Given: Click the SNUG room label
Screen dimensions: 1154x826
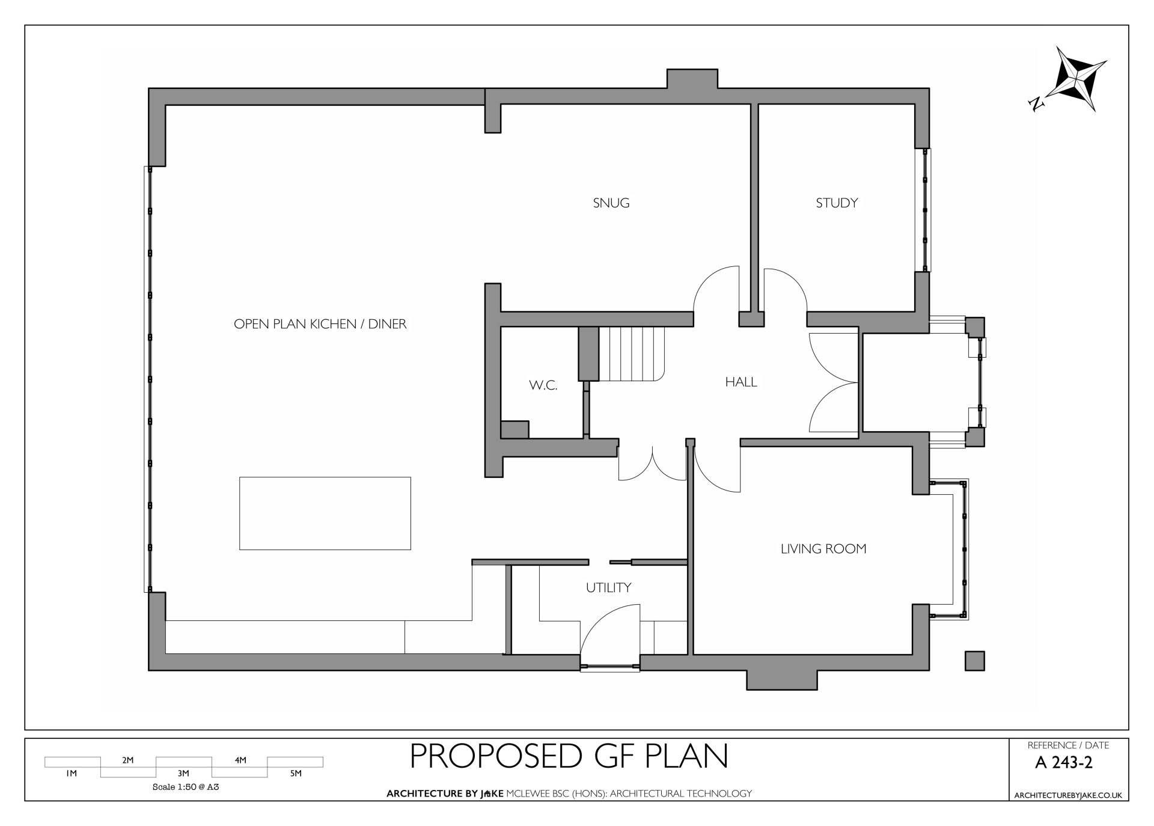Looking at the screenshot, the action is [x=611, y=203].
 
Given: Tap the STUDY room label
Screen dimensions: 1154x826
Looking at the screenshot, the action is [x=837, y=203].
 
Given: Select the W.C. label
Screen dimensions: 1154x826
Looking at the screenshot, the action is [x=543, y=386].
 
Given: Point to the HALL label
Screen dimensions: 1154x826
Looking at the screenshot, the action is [x=741, y=382].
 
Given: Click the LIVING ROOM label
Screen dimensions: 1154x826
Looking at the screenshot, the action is [x=823, y=549].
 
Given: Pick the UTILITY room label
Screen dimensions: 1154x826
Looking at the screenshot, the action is [x=608, y=587].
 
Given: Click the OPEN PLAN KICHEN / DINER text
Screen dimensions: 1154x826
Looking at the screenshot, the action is [x=320, y=324].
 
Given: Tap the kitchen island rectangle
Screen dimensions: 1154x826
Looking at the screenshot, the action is [x=325, y=513].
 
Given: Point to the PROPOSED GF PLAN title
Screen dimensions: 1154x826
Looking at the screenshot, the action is [x=569, y=756].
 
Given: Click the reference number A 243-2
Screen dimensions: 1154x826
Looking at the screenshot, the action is [x=1064, y=763].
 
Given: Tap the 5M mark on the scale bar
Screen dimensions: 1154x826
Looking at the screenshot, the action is [x=296, y=774].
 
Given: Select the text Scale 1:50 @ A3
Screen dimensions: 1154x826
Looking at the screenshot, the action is [x=185, y=786].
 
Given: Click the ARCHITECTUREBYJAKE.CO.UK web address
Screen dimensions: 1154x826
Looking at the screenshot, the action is [x=1068, y=795].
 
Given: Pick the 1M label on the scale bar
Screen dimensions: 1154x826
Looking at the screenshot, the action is [x=72, y=774].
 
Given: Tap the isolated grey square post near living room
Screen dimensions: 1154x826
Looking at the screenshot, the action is [x=975, y=661].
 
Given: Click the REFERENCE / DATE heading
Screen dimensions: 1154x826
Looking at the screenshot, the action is [x=1068, y=745].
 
